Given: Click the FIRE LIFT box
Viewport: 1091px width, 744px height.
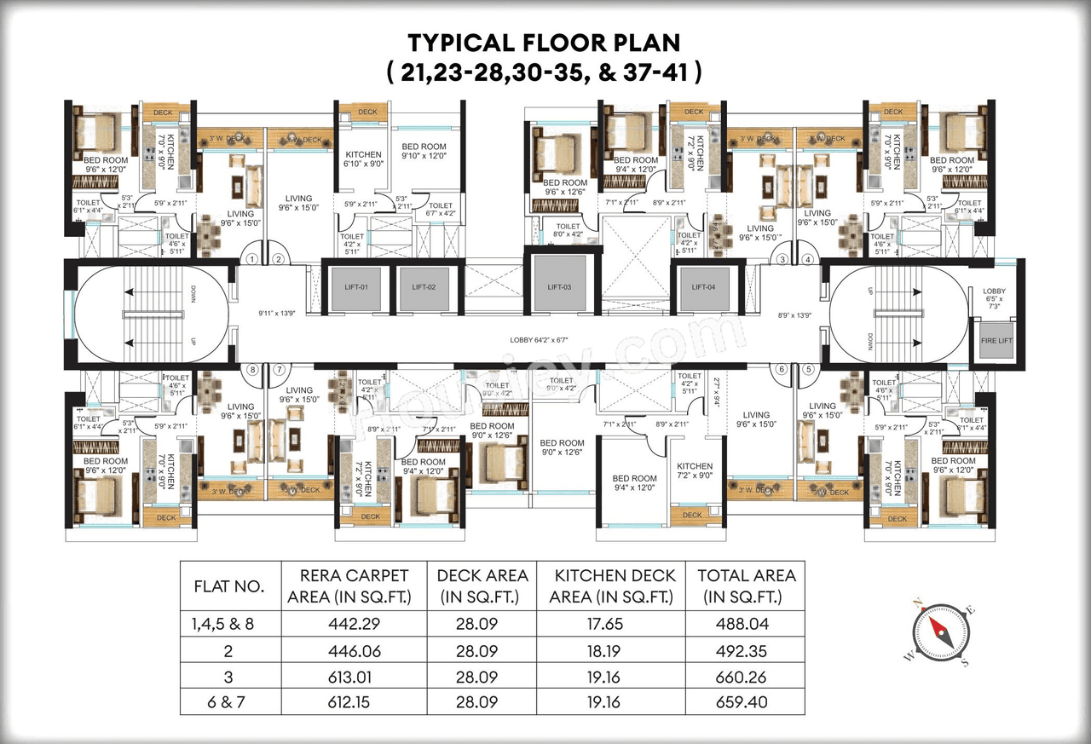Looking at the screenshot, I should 994,340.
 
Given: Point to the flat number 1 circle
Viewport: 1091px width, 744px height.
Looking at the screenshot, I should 251,260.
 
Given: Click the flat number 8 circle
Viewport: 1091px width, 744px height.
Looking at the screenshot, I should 251,369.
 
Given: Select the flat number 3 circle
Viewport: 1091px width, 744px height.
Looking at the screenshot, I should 782,260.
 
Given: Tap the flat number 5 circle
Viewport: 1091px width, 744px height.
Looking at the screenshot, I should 807,369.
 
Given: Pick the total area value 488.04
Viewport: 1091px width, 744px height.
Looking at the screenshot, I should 746,624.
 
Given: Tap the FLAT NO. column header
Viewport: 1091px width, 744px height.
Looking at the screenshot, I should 229,586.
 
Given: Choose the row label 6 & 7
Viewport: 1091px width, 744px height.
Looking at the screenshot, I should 229,704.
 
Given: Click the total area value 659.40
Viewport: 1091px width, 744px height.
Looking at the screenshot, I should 746,704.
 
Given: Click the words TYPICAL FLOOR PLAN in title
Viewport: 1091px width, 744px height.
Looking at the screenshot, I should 544,43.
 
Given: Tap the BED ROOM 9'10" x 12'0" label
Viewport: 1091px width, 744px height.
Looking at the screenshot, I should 424,152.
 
